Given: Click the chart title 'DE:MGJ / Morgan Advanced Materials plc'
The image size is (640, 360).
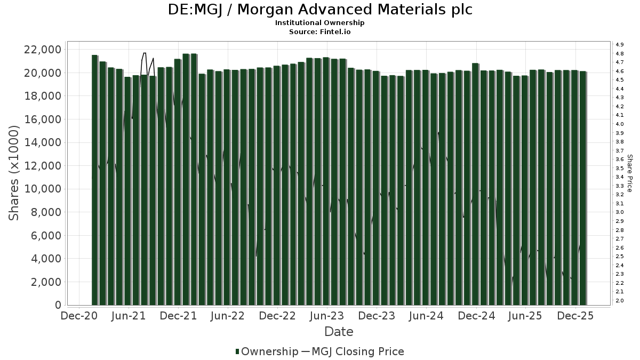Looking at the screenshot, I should click(x=320, y=10).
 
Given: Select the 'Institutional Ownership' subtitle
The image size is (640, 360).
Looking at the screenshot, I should click(x=320, y=23).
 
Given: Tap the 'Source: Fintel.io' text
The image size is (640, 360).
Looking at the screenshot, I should click(x=320, y=31).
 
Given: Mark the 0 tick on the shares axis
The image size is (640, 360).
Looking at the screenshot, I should click(x=57, y=305).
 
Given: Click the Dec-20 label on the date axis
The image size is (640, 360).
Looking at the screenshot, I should click(x=79, y=316).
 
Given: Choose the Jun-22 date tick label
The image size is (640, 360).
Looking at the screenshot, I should click(x=228, y=316).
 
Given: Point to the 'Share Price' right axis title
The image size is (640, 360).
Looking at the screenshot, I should click(x=629, y=173).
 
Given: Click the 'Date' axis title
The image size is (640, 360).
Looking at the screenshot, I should click(x=339, y=332).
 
